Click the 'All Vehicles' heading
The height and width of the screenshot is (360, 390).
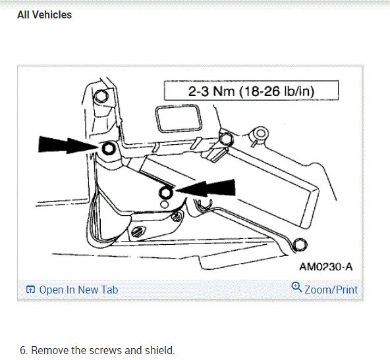tap(44, 14)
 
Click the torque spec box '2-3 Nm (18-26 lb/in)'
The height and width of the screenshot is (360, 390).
tap(251, 90)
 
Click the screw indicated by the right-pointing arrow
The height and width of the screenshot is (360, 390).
tap(109, 149)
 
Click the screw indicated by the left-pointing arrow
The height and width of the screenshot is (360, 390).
tap(166, 192)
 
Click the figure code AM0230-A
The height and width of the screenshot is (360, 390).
tap(325, 267)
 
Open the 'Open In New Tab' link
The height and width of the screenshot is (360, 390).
tap(78, 290)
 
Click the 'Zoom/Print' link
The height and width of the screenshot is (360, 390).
tap(331, 290)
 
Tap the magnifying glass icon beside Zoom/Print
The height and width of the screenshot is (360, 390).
tap(296, 288)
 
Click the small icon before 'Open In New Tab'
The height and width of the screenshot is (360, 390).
tap(30, 290)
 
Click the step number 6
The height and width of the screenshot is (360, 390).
tap(22, 350)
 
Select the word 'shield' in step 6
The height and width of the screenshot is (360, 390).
tap(160, 350)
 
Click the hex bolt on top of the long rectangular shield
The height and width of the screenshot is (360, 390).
tap(225, 139)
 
